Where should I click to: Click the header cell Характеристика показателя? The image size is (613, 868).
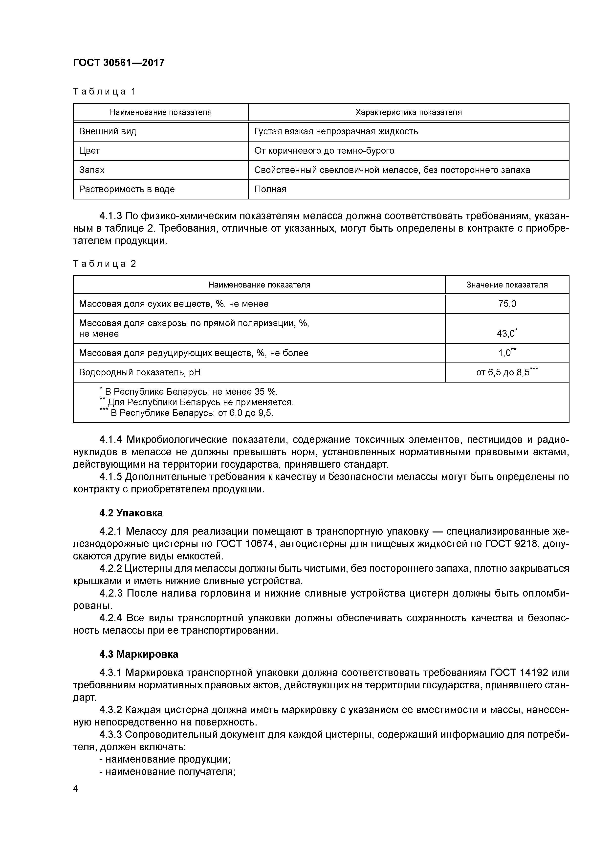[x=408, y=112]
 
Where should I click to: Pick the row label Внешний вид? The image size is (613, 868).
[x=108, y=132]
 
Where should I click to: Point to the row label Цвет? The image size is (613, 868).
[x=89, y=151]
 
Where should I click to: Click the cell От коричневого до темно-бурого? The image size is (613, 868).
[x=324, y=151]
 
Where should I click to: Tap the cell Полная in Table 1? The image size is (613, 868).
[x=270, y=189]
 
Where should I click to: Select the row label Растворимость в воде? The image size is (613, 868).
[x=127, y=189]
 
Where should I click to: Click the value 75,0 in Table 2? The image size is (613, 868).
[x=507, y=304]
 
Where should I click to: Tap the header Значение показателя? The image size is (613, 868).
[x=507, y=285]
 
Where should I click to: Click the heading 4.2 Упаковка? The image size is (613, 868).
[x=131, y=513]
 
